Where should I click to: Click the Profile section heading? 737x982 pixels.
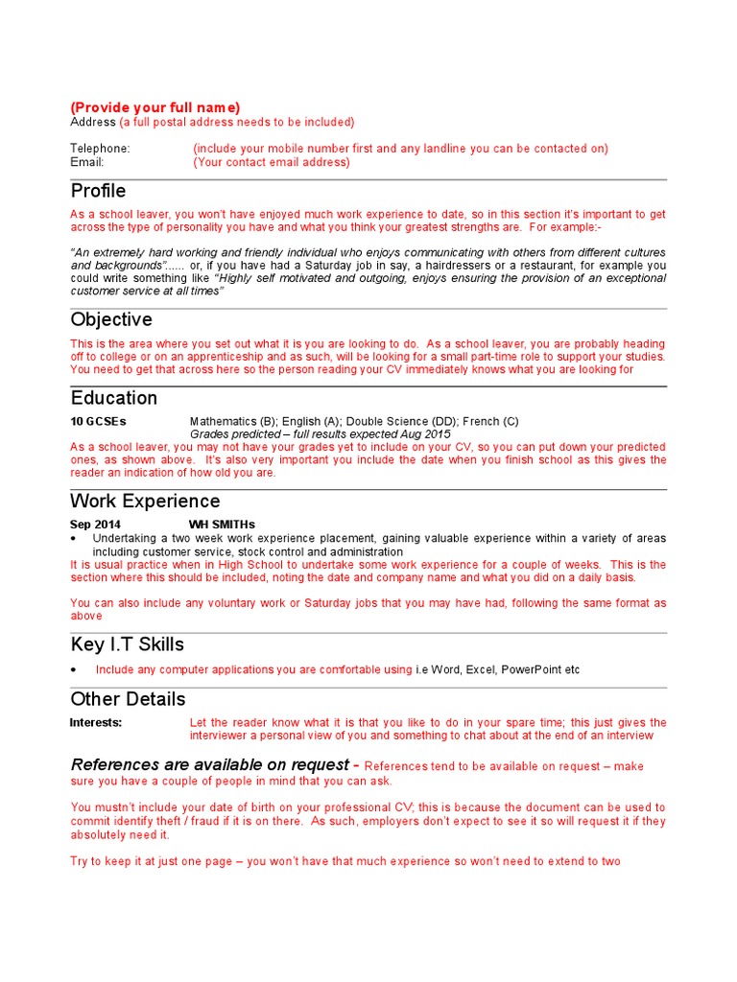point(98,191)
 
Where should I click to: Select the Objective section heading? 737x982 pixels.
point(111,319)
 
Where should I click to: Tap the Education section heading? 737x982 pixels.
point(114,397)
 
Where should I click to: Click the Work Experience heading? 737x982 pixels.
point(145,501)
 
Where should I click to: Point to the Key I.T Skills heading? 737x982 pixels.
point(128,643)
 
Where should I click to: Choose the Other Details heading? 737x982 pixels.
point(128,698)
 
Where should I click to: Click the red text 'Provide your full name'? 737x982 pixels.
point(155,107)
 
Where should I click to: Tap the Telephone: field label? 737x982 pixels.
point(100,149)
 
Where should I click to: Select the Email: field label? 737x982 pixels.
point(86,162)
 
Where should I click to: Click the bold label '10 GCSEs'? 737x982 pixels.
point(98,421)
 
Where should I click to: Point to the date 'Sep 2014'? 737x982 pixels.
point(96,525)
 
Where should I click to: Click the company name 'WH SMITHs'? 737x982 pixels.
point(222,525)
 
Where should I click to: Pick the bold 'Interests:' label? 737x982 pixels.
point(96,722)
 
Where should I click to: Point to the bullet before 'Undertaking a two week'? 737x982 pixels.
point(74,539)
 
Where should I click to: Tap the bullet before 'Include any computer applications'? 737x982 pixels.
point(74,669)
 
